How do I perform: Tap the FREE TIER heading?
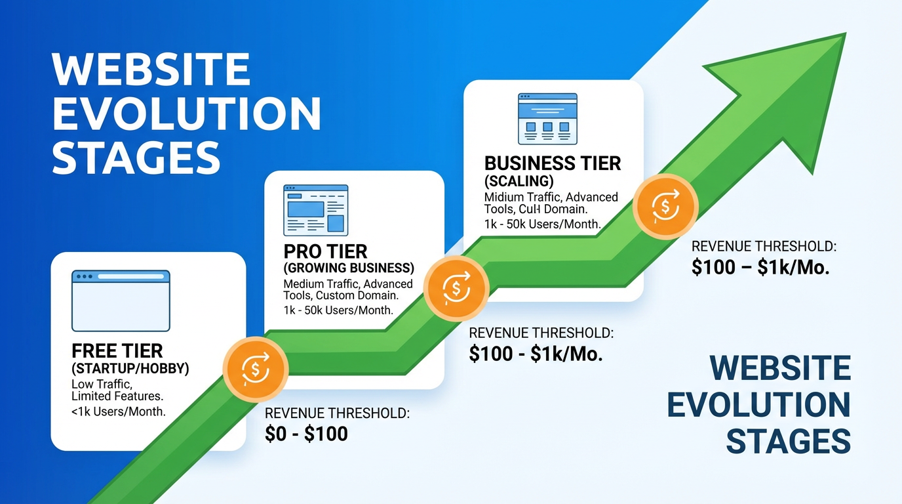click(x=117, y=352)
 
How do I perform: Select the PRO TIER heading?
click(x=325, y=252)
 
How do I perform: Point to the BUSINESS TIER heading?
click(x=552, y=163)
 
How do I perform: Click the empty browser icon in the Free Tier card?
click(x=121, y=301)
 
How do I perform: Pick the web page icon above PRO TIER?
click(x=315, y=210)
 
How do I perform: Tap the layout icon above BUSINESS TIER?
click(x=547, y=119)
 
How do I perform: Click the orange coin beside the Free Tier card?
click(x=256, y=369)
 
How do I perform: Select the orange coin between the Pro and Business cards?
click(x=456, y=287)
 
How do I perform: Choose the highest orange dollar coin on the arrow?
click(x=665, y=207)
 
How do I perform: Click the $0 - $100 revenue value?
click(x=306, y=434)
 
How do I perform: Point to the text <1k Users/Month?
click(x=119, y=412)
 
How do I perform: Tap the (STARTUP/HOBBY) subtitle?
click(x=130, y=369)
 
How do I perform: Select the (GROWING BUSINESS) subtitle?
click(x=349, y=268)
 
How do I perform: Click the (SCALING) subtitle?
click(x=519, y=180)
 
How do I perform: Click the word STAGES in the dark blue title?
click(x=789, y=442)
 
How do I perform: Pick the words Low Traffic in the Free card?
click(x=102, y=383)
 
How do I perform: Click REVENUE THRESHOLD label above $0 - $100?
click(x=337, y=413)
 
